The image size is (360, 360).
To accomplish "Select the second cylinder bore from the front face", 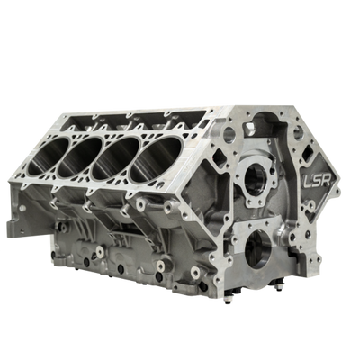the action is click(116, 159).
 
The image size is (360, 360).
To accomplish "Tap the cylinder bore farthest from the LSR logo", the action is click(49, 156).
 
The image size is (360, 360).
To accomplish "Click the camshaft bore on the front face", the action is click(256, 180).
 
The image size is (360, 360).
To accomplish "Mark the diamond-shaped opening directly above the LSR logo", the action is click(308, 154).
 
